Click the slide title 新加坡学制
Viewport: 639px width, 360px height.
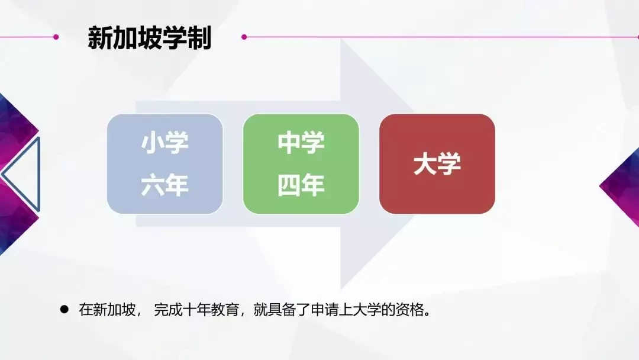150,38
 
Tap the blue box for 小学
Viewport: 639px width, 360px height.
165,163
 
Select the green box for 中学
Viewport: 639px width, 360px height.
301,163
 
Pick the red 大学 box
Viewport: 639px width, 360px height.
437,163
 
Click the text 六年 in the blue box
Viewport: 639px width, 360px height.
164,185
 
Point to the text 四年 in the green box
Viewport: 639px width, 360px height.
301,185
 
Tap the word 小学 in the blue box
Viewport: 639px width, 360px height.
164,142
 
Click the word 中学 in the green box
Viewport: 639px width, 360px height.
301,142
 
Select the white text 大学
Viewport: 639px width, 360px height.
437,164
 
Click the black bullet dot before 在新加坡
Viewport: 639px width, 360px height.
64,310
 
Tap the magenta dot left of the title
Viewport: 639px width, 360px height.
56,37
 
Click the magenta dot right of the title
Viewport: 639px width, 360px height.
244,37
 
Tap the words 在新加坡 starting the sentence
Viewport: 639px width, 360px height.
107,310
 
